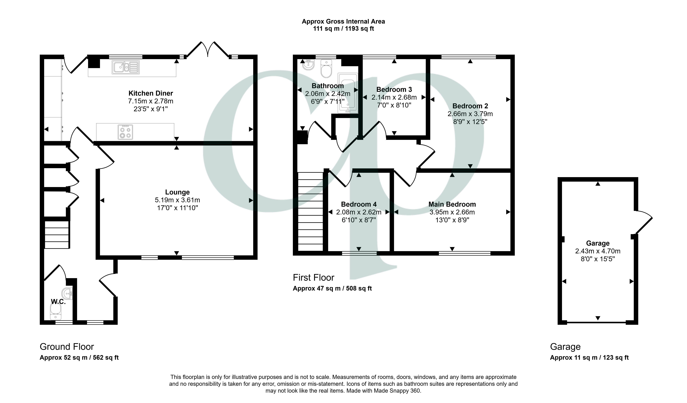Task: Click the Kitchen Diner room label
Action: pyautogui.click(x=151, y=93)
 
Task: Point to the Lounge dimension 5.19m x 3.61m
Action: pyautogui.click(x=178, y=200)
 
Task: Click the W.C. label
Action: pyautogui.click(x=58, y=302)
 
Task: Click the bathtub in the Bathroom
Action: pyautogui.click(x=348, y=93)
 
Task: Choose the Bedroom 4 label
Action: pyautogui.click(x=359, y=204)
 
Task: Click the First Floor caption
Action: pyautogui.click(x=314, y=277)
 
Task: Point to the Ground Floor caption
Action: pyautogui.click(x=67, y=347)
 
